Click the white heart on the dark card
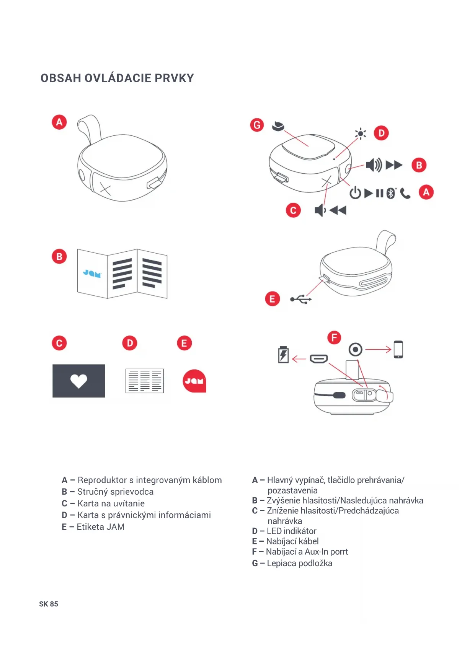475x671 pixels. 79,381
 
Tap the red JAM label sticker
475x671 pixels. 194,381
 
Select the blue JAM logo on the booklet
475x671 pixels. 92,274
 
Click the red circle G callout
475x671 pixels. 257,125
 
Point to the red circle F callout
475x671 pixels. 334,337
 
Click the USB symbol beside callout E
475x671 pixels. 301,299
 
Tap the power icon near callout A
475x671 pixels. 355,193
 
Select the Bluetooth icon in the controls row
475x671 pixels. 390,193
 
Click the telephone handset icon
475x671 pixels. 405,194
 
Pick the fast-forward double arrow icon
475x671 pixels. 394,165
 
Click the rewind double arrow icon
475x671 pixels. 338,210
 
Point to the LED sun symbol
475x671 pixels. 360,134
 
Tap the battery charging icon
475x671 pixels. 283,355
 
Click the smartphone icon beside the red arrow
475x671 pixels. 398,349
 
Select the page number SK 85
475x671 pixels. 49,604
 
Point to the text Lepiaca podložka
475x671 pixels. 299,563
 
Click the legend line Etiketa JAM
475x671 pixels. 100,527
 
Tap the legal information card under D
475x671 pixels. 145,381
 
